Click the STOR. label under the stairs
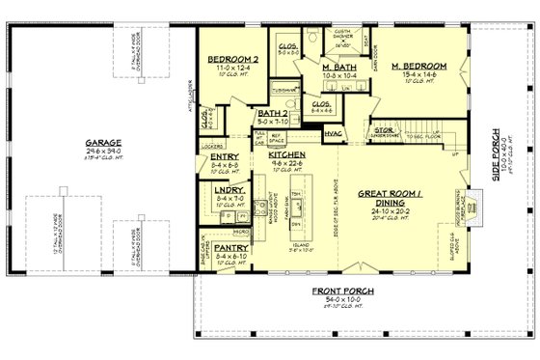tap(383, 130)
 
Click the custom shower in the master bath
tap(342, 39)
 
